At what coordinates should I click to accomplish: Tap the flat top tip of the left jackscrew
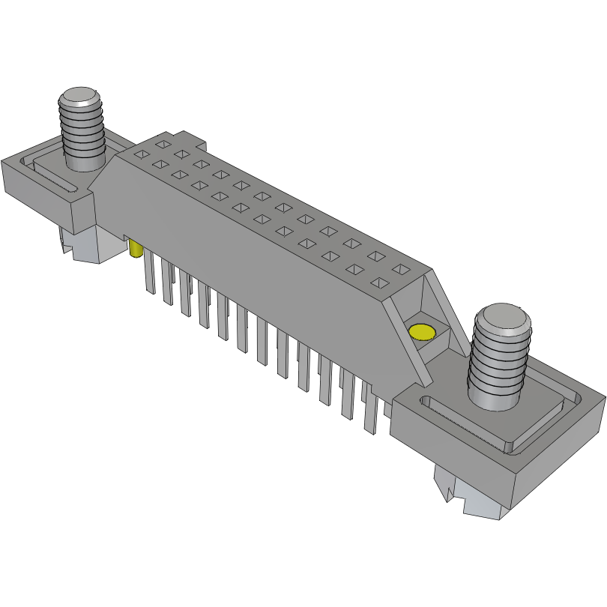pos(79,97)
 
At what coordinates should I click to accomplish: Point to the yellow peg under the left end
pos(136,249)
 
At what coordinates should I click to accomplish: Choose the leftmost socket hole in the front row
pos(139,154)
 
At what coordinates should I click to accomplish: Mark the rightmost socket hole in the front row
pos(379,283)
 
